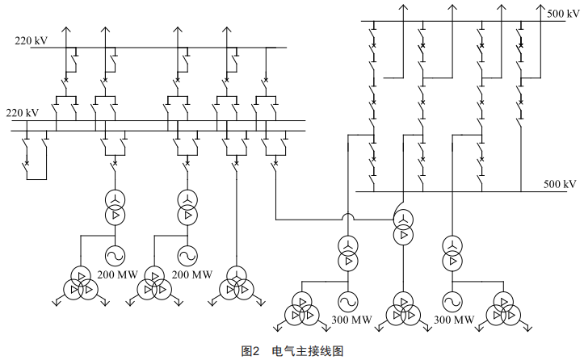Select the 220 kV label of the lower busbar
click(22, 113)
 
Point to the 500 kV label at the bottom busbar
click(560, 185)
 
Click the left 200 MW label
click(118, 275)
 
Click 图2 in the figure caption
click(249, 351)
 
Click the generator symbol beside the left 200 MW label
click(112, 256)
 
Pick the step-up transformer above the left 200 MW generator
click(112, 207)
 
